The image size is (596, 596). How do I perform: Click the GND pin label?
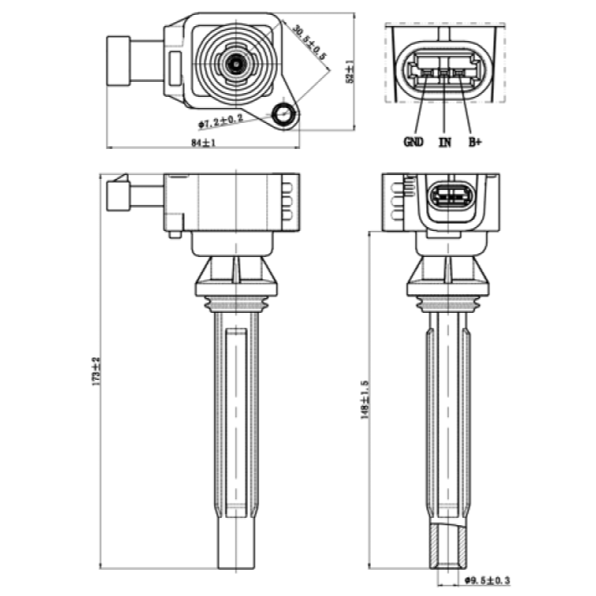click(x=413, y=142)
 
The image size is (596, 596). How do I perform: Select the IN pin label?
click(x=445, y=142)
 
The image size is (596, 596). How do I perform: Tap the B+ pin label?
click(x=475, y=142)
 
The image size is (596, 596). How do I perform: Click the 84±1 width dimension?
click(x=203, y=142)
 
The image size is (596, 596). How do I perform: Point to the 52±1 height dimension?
click(x=349, y=72)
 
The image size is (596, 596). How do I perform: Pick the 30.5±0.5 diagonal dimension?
click(x=309, y=42)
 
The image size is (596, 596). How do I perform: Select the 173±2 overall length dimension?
click(x=96, y=371)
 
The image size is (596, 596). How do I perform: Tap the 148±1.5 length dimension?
click(x=365, y=399)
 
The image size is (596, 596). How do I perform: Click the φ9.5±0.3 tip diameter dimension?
click(x=488, y=580)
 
